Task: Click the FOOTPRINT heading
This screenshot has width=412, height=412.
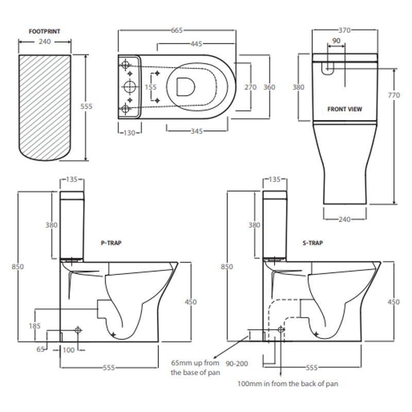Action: (x=45, y=31)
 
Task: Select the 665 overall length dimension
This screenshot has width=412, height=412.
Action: (x=177, y=30)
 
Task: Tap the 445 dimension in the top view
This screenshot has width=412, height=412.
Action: (x=196, y=44)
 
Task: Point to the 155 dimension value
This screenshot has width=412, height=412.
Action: (x=150, y=88)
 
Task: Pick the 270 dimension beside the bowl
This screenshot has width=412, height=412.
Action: (x=250, y=88)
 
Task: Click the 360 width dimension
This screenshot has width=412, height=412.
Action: (x=269, y=88)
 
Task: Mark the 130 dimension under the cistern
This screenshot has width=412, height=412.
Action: (x=129, y=132)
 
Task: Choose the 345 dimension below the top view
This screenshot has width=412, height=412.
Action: (x=197, y=131)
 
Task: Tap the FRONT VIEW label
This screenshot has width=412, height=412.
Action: (x=345, y=109)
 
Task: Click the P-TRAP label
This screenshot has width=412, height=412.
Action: (x=111, y=242)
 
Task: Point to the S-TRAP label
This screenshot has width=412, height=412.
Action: (x=313, y=243)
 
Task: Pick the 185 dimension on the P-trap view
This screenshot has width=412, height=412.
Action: (x=35, y=325)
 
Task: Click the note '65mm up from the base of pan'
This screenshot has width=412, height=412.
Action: (x=196, y=368)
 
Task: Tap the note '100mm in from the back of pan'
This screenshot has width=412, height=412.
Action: (x=287, y=384)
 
